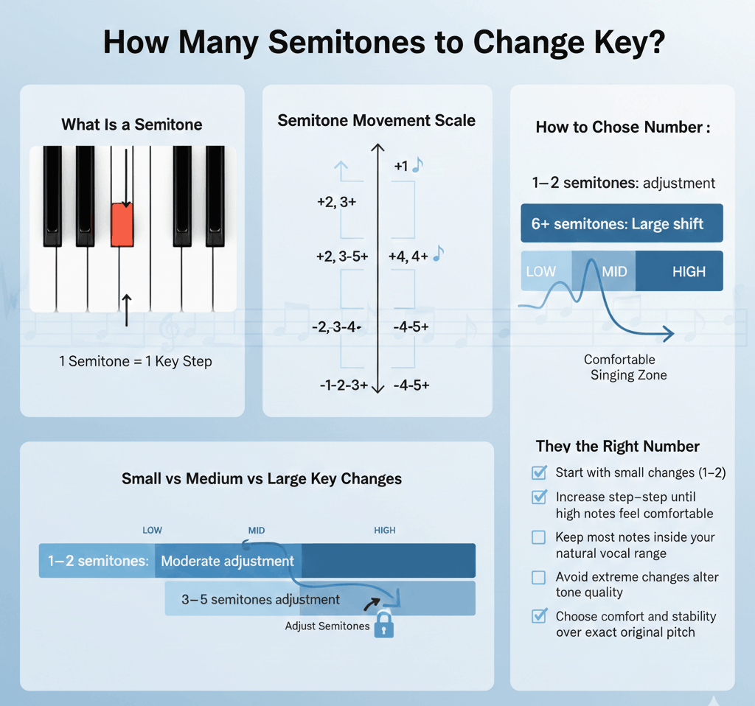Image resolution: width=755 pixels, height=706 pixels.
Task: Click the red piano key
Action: click(x=122, y=226)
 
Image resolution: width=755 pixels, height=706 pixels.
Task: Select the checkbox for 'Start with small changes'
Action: click(x=539, y=472)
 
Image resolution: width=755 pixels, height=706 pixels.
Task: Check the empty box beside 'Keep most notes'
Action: click(x=538, y=537)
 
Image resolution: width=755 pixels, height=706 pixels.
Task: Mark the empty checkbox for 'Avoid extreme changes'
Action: click(x=538, y=577)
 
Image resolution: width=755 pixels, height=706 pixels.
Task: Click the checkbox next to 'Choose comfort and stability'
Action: click(x=539, y=616)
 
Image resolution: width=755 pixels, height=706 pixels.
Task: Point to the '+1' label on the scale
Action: click(x=401, y=167)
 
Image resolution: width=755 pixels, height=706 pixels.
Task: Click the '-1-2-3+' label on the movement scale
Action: click(x=344, y=385)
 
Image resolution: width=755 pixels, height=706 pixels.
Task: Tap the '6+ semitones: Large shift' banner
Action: click(x=622, y=223)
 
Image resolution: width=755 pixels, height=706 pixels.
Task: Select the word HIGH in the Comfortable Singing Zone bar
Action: click(x=689, y=272)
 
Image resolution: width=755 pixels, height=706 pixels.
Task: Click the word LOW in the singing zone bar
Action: click(x=540, y=272)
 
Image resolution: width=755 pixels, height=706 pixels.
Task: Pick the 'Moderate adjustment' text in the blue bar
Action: click(x=227, y=561)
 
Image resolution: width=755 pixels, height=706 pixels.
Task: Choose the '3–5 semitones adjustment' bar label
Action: click(x=260, y=600)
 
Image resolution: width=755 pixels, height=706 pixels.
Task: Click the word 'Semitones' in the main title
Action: click(x=347, y=42)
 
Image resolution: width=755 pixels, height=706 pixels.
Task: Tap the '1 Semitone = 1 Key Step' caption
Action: click(x=136, y=361)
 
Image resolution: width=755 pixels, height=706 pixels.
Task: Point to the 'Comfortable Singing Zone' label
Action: click(x=624, y=367)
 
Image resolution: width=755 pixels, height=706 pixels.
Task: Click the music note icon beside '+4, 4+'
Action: click(x=438, y=253)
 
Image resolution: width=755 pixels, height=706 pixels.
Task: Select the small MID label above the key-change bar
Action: click(x=256, y=531)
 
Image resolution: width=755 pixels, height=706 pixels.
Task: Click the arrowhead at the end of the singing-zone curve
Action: click(x=669, y=333)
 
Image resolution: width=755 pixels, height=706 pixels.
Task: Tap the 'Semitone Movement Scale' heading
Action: click(x=376, y=120)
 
